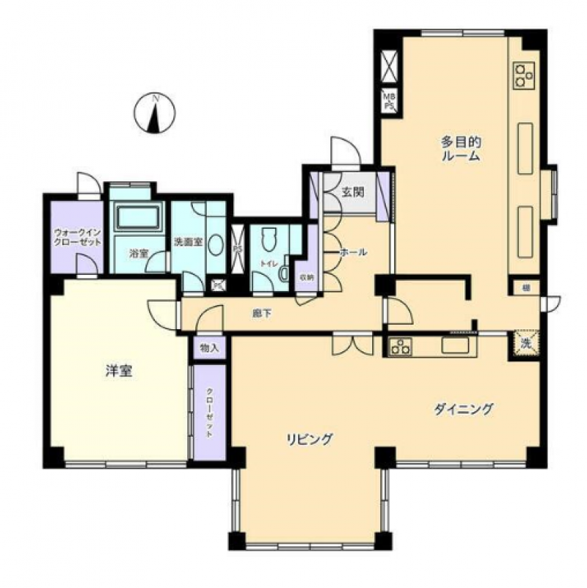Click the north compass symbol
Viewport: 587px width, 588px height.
(x=155, y=114)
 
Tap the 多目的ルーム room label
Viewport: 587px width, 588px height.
(x=460, y=148)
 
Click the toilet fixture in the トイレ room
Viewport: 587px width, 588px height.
(x=268, y=240)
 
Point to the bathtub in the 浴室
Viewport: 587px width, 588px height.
(x=137, y=218)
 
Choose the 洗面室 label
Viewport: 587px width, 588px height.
(x=187, y=242)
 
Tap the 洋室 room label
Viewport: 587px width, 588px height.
(x=117, y=372)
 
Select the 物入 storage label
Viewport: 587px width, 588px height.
(x=209, y=348)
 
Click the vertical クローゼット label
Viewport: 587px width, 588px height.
(x=209, y=412)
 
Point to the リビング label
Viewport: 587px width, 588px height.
(x=310, y=440)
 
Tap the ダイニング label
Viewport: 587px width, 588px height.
(x=462, y=409)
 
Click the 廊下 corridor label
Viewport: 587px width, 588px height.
(x=262, y=313)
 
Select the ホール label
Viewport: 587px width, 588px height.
(x=353, y=252)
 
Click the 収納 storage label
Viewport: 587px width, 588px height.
(x=306, y=277)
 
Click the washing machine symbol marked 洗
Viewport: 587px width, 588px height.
(x=526, y=343)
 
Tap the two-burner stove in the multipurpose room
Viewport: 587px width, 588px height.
(x=524, y=74)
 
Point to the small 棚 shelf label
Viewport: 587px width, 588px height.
(x=526, y=287)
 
